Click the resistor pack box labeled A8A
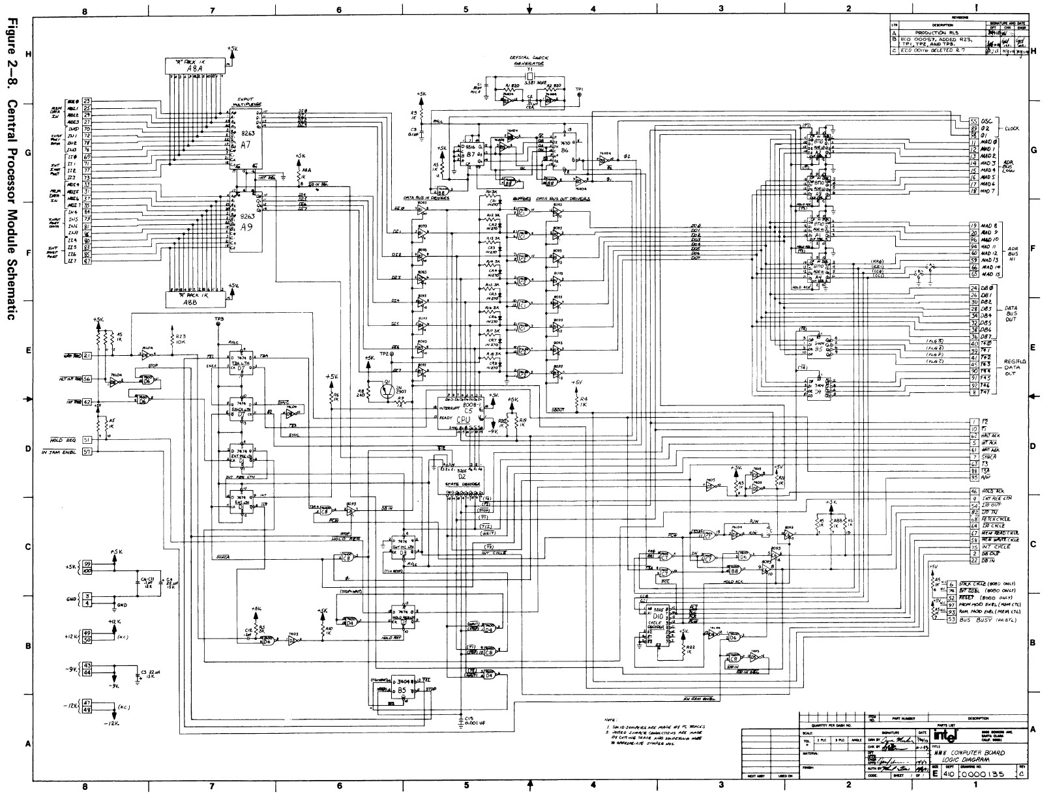195,66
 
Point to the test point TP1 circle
578,95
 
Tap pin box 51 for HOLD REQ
87,440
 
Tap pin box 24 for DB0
973,287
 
